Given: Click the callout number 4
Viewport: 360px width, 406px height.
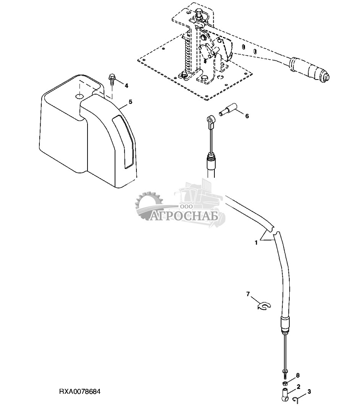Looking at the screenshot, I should [x=126, y=85].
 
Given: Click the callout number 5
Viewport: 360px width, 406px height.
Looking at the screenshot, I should [x=130, y=102].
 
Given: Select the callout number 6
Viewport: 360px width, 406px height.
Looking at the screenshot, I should [x=247, y=116].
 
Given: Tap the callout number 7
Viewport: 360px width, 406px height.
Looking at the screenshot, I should [x=248, y=294].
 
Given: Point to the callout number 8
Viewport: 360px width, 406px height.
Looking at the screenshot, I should [x=298, y=375].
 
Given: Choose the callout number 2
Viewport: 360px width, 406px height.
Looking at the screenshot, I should [x=298, y=387].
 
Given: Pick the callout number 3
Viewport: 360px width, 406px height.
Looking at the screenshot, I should [x=309, y=391].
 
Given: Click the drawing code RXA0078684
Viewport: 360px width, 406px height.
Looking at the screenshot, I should [x=80, y=392].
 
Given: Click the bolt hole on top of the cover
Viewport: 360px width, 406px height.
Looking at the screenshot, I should [x=79, y=96].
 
